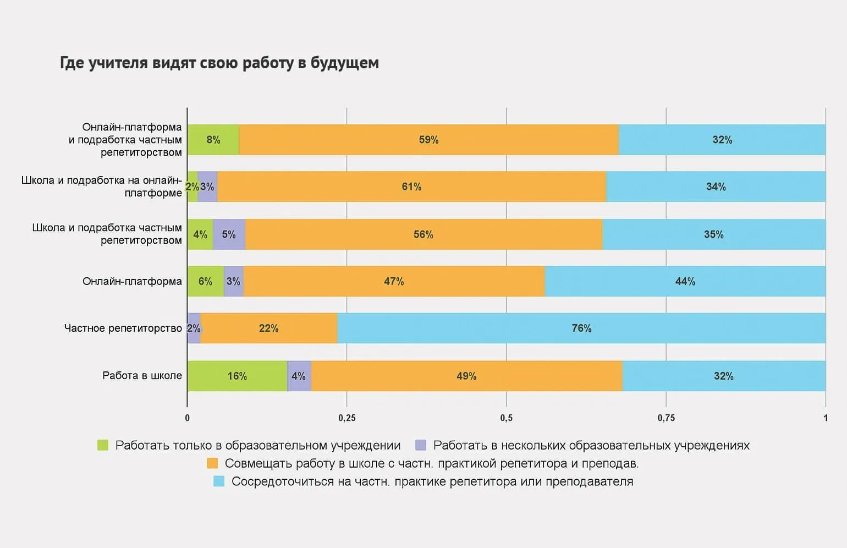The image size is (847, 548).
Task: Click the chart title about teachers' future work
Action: pos(219,63)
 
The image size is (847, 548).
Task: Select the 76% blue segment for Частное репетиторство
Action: pos(581,328)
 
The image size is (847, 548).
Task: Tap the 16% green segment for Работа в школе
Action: pos(237,376)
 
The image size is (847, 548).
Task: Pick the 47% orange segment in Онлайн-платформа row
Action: pos(394,282)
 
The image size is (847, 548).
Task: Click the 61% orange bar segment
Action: pos(411,187)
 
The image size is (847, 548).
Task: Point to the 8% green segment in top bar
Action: pos(213,140)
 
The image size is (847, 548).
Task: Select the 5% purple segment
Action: pos(229,235)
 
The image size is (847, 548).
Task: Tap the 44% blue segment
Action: pos(685,282)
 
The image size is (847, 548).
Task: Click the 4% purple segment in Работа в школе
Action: pos(299,376)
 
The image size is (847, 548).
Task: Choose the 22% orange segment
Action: pos(269,328)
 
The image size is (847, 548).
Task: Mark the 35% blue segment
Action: pos(714,235)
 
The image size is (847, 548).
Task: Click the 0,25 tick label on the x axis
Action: pos(347,418)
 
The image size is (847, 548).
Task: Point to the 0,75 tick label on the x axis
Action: pos(666,418)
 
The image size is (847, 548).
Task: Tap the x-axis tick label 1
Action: pos(825,418)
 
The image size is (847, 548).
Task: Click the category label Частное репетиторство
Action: pos(123,328)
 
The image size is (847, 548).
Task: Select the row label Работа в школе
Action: pos(142,376)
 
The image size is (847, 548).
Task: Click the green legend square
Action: pos(103,445)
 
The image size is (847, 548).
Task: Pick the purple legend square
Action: pos(421,445)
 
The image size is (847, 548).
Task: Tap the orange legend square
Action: pos(212,463)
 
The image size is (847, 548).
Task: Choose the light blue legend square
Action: pos(219,481)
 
